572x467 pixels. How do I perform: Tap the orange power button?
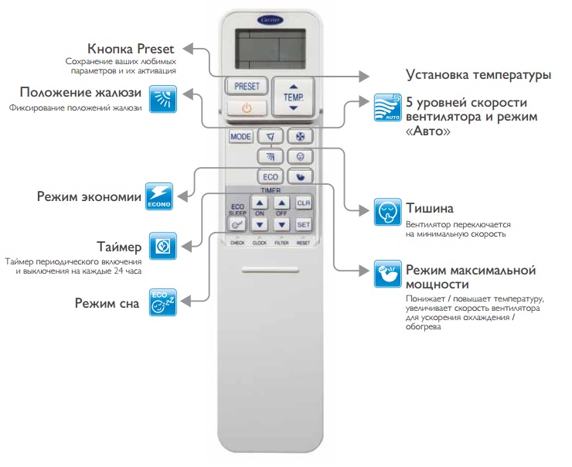(246, 107)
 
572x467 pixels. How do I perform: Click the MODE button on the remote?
(241, 137)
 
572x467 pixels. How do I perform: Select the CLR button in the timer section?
(304, 203)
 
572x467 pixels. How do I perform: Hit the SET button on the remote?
(304, 224)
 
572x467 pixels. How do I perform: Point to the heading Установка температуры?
(478, 75)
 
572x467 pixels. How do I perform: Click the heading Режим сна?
(107, 303)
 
